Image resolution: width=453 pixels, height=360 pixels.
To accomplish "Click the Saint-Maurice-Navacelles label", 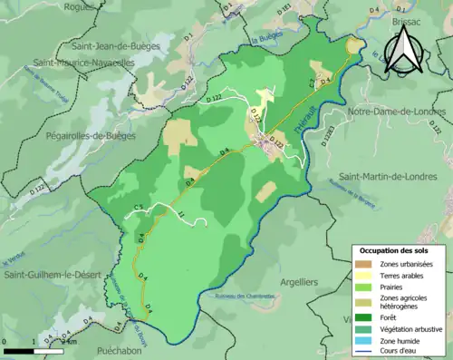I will [x=84, y=63].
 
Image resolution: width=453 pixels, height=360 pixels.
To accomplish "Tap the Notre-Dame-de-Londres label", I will [x=397, y=112].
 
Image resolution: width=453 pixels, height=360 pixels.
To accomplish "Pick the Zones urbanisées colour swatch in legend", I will [x=365, y=264].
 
